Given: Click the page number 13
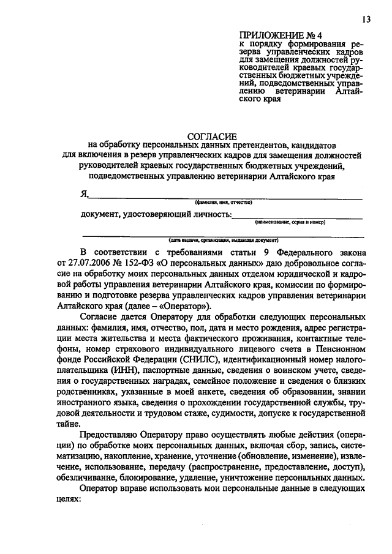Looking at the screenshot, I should (x=366, y=20).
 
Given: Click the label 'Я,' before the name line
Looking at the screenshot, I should (x=85, y=194).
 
